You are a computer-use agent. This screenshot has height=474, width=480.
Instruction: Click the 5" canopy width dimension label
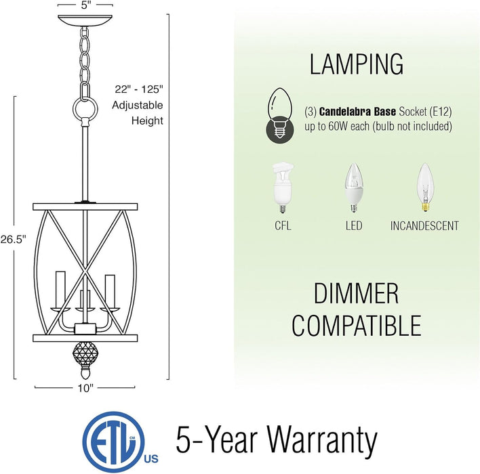85,5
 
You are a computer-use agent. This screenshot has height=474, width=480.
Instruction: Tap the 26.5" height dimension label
14,239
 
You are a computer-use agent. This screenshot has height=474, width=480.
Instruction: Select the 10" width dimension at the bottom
85,388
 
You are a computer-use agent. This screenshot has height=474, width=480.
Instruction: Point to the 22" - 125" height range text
139,89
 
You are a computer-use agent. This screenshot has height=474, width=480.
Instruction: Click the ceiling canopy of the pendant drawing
85,21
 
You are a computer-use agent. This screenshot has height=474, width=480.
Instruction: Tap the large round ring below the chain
85,109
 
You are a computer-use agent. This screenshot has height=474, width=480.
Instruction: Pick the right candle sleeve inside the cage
110,290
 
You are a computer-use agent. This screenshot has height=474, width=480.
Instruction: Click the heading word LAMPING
357,64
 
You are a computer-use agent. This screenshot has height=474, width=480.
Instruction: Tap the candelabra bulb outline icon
280,116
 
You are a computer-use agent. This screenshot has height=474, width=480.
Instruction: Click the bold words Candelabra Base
357,112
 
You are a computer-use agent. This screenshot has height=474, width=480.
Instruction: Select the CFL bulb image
283,188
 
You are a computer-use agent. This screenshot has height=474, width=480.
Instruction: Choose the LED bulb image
354,188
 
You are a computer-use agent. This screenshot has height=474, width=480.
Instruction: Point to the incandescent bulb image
425,188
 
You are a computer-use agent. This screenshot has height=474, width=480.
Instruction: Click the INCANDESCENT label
424,226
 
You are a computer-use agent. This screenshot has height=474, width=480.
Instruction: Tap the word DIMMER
357,293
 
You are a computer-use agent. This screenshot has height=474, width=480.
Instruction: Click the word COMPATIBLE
357,326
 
